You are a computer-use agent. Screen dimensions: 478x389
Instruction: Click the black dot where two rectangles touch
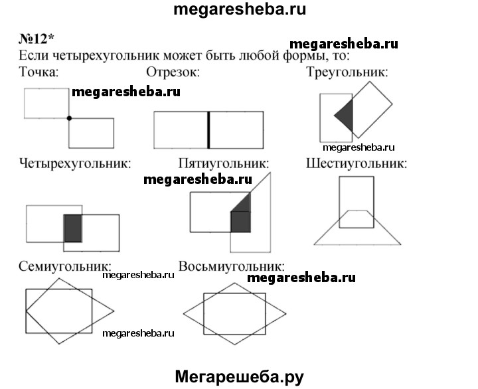point(69,118)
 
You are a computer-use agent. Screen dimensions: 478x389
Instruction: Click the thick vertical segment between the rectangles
point(208,130)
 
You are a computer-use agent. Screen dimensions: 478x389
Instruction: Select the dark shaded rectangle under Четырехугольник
point(73,228)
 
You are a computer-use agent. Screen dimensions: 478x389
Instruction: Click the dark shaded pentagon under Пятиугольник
point(240,214)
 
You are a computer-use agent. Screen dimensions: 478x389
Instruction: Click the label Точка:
point(39,72)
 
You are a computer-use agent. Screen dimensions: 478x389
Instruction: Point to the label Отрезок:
point(173,72)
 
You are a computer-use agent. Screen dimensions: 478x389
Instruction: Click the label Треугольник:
point(347,72)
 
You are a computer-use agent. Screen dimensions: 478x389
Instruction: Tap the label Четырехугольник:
point(75,163)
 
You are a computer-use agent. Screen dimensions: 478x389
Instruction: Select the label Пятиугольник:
point(224,163)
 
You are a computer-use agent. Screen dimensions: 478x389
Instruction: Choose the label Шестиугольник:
point(357,163)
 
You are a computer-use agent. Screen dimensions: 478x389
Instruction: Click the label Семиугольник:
point(65,266)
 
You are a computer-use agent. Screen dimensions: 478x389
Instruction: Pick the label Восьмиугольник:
point(232,266)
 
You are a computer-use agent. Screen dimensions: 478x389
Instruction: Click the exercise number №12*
point(37,39)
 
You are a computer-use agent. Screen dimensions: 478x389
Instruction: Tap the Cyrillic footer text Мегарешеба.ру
point(239,377)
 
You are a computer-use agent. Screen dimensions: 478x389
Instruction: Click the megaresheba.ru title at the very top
point(240,9)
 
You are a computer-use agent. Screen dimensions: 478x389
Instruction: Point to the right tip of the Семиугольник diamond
point(114,311)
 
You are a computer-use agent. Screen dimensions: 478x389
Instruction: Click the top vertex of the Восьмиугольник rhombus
point(234,283)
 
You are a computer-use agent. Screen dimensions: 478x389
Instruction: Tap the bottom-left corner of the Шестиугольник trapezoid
point(314,244)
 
